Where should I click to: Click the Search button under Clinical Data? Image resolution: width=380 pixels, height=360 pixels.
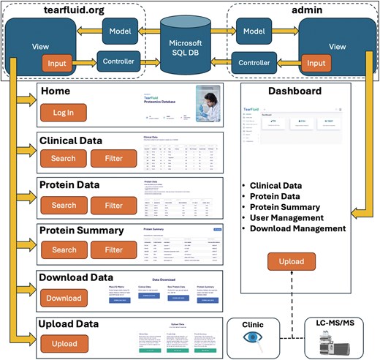[x=64, y=157]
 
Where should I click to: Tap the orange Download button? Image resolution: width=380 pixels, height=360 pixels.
[x=64, y=298]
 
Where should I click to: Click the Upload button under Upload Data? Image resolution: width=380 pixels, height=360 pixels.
[x=64, y=342]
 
